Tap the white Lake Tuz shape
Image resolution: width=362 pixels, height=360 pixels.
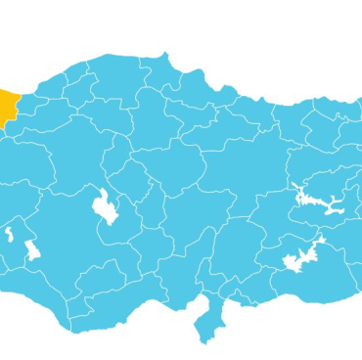(103, 207)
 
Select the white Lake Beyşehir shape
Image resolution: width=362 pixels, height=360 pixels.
(31, 248)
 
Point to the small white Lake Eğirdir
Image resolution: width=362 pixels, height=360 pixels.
(9, 235)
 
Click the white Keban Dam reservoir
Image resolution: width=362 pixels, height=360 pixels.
(319, 201)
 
